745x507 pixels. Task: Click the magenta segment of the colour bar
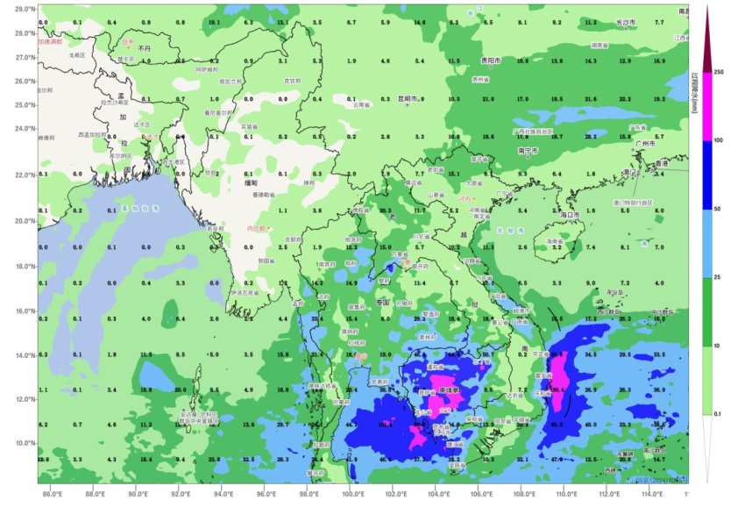pos(707,105)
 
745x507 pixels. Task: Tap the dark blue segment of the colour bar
pos(707,175)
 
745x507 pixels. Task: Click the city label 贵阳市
pos(490,61)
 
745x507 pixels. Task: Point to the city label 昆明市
pos(409,98)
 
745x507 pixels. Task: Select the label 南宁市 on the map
pos(528,150)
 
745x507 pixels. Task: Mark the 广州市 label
pos(649,145)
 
